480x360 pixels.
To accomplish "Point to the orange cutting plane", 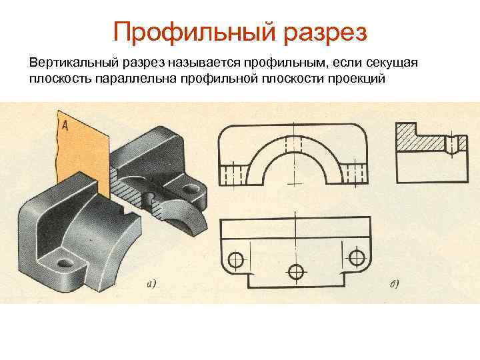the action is click(x=80, y=153).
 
